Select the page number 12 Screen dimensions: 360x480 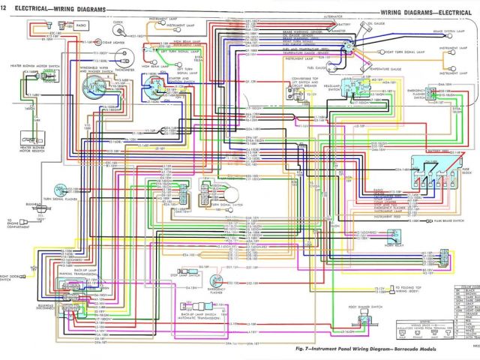pos(4,7)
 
